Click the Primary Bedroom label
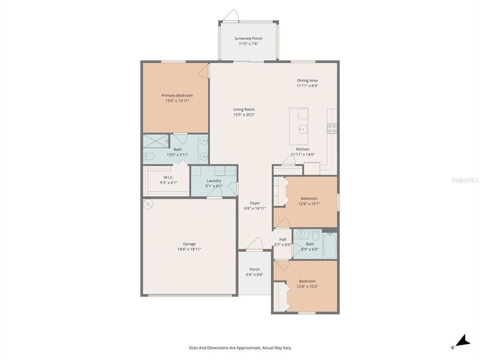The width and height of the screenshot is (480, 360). [x=176, y=95]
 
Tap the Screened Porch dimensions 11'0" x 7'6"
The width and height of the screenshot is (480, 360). [x=248, y=44]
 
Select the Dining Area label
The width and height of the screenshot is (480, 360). [x=307, y=80]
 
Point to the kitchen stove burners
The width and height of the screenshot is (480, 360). [x=331, y=128]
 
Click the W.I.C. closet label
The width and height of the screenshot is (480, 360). [x=168, y=177]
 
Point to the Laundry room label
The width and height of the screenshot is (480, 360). [x=213, y=180]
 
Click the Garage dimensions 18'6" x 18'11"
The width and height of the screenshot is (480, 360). [x=189, y=249]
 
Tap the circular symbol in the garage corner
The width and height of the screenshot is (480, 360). [x=147, y=203]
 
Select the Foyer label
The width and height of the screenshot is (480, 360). [x=255, y=203]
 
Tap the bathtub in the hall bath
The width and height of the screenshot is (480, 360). [x=329, y=245]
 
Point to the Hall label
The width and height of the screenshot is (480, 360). [x=282, y=239]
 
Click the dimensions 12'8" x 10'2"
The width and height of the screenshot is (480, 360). [x=307, y=286]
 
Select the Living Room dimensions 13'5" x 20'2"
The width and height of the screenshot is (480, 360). [x=244, y=114]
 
